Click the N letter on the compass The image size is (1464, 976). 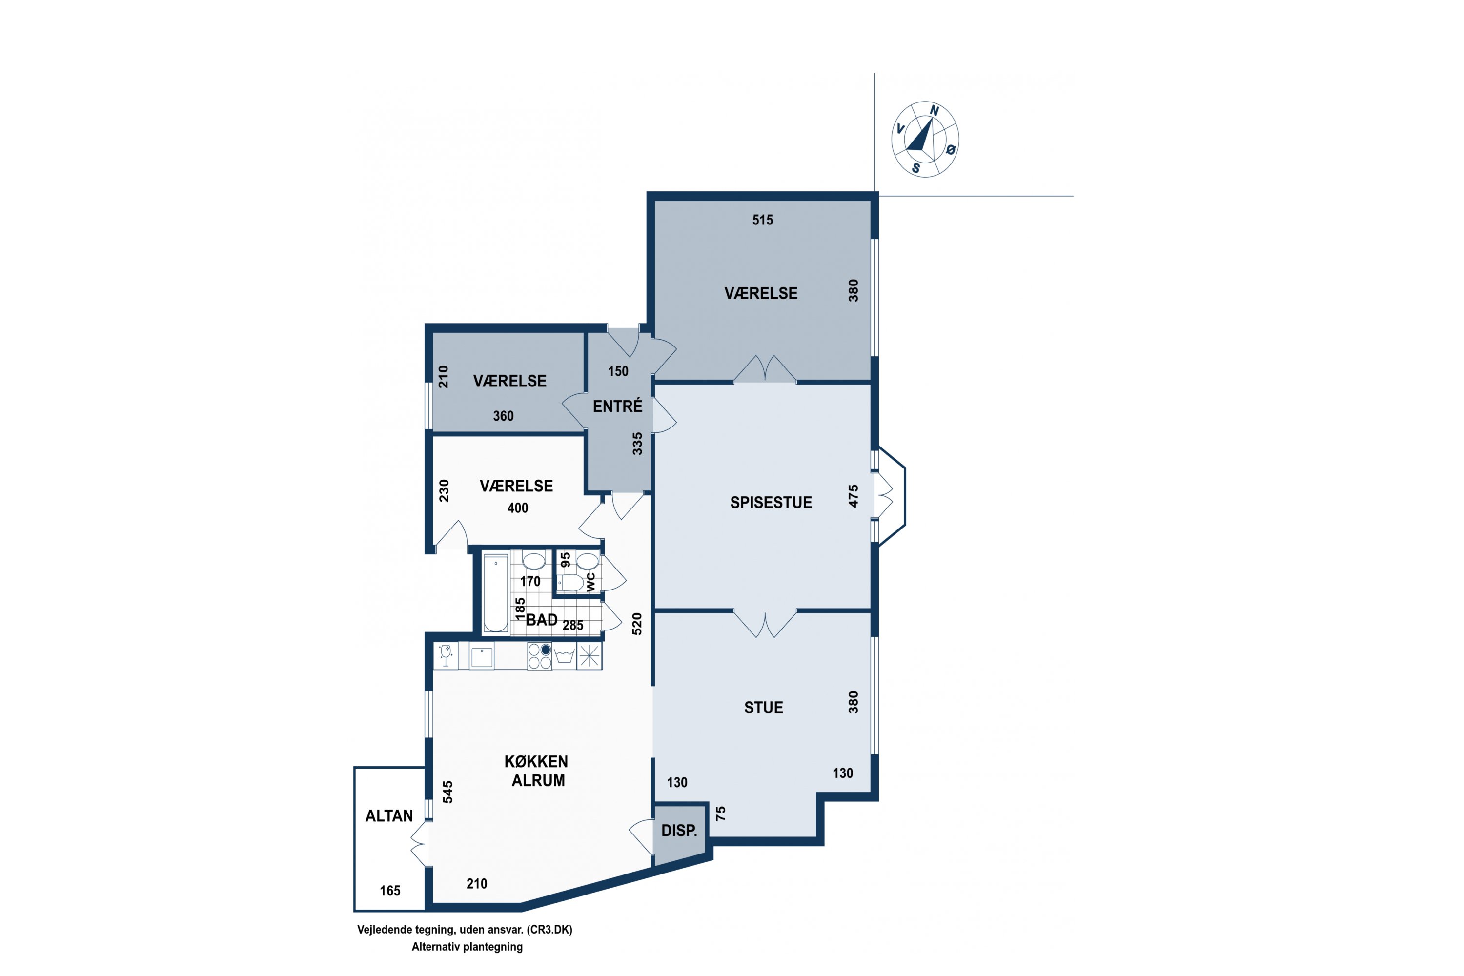(x=935, y=111)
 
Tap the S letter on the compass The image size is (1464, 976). (x=915, y=168)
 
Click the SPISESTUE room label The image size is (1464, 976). (x=771, y=503)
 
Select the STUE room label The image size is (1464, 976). (x=764, y=708)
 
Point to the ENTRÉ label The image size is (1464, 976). (x=617, y=406)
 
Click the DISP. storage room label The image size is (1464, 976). (x=679, y=831)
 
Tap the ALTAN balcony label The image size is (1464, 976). (x=389, y=816)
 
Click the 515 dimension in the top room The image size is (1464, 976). (x=762, y=220)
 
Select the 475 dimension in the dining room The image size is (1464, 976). (x=854, y=496)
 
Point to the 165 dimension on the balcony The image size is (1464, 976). (x=390, y=891)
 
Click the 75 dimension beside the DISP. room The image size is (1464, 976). (x=721, y=813)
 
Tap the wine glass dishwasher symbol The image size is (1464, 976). (x=446, y=655)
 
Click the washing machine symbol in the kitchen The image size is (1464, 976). (x=564, y=656)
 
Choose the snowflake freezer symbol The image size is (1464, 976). (x=590, y=656)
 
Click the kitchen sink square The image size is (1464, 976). (x=482, y=657)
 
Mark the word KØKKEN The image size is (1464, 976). (x=536, y=762)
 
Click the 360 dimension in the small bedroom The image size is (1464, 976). (x=504, y=416)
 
